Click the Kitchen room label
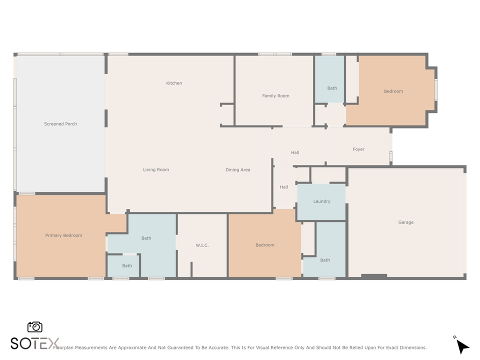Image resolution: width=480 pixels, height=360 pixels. [174, 83]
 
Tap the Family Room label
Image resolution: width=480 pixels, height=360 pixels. [275, 95]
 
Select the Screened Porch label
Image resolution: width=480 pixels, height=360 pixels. [60, 123]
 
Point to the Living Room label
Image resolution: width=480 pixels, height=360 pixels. [156, 169]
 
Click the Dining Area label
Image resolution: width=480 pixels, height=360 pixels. [237, 169]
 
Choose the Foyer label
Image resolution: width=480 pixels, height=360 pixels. [358, 149]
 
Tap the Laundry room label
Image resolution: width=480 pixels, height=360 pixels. [321, 201]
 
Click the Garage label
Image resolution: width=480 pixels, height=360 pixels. [405, 222]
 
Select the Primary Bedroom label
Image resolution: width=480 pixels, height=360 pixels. [63, 235]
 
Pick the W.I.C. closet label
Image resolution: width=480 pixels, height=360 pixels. [202, 245]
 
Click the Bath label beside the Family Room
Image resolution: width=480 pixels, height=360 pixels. [332, 88]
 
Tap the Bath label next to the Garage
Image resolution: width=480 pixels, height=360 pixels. [325, 259]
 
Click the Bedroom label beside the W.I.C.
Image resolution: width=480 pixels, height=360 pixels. [264, 245]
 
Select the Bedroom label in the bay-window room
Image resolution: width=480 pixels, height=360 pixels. [393, 91]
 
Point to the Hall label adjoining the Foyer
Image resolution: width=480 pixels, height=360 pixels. [295, 152]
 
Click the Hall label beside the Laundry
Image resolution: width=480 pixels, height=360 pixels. [283, 187]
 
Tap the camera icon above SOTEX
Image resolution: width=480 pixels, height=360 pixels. [35, 326]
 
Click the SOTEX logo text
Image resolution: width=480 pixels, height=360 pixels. [35, 343]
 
